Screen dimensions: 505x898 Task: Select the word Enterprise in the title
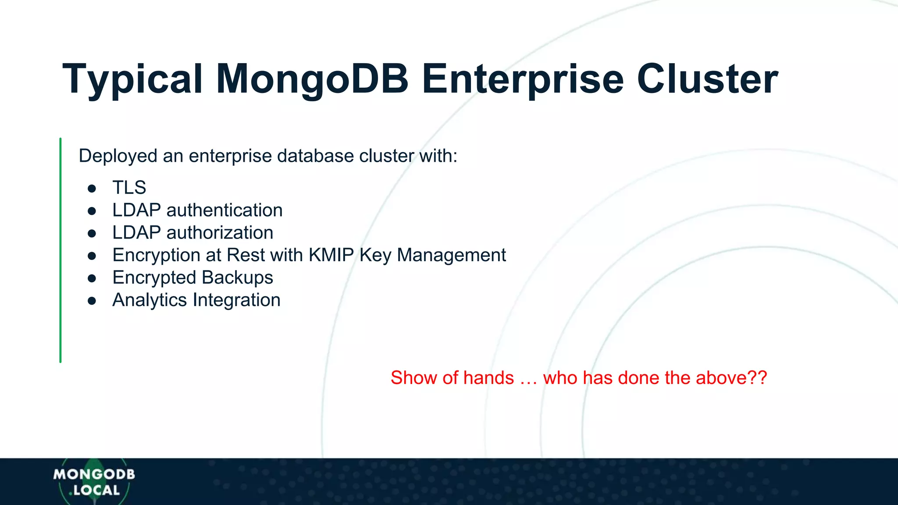(x=522, y=80)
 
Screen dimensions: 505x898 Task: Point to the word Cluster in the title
(x=707, y=79)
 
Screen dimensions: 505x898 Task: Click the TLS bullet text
(x=129, y=188)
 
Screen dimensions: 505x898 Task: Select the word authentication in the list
(x=224, y=210)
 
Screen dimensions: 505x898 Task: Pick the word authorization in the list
(x=220, y=233)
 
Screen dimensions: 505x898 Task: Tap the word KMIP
(x=331, y=255)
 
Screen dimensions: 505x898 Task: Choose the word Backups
(x=237, y=277)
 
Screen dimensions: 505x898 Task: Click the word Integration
(x=236, y=300)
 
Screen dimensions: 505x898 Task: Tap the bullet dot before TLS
(x=92, y=188)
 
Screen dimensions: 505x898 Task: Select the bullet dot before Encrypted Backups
(x=92, y=278)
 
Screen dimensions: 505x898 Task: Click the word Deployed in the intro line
(x=118, y=156)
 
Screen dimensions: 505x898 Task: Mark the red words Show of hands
(x=452, y=378)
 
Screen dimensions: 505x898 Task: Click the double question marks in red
(x=758, y=378)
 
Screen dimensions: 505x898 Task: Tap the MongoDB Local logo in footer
(x=94, y=482)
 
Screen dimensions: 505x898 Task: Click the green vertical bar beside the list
(x=61, y=250)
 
